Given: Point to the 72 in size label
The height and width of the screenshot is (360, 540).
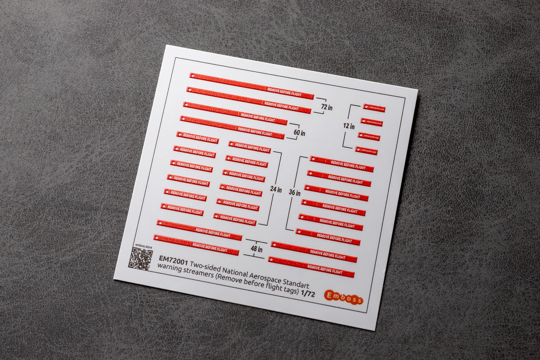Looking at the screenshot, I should pos(327,107).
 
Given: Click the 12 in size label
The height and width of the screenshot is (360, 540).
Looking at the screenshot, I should pos(349,126).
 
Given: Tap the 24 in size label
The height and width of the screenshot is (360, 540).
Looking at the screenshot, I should pos(276,189).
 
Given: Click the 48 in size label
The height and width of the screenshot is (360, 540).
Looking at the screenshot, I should pos(256,249).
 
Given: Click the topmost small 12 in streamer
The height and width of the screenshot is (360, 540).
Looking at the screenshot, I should pos(374,108).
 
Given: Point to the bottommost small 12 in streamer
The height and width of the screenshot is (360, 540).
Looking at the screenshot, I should pos(366,151).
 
